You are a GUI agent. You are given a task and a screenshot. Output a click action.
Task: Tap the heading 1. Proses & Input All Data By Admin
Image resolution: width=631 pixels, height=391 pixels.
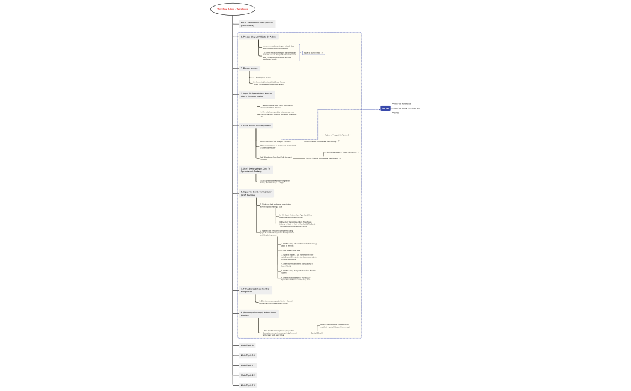point(259,37)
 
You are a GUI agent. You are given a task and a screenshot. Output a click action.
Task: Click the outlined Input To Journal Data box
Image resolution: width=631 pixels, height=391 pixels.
point(314,53)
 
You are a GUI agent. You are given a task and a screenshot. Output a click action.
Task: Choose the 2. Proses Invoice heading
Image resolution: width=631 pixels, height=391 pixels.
point(249,69)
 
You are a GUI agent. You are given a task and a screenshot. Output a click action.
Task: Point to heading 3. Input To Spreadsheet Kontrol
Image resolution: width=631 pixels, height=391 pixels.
point(257,95)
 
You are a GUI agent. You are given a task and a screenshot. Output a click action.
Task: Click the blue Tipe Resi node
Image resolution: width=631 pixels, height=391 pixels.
point(385,108)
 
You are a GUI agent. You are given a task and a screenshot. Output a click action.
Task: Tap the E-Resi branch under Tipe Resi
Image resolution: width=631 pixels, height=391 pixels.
point(397,113)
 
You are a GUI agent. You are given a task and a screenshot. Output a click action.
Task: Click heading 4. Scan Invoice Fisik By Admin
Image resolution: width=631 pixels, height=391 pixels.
point(256,126)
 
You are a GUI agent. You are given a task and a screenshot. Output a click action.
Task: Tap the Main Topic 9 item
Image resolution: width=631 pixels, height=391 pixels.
point(247,346)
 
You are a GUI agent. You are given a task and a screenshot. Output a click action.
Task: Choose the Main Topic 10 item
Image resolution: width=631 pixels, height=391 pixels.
point(248,356)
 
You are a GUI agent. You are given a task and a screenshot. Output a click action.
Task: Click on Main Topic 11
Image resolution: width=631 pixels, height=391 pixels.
point(248,365)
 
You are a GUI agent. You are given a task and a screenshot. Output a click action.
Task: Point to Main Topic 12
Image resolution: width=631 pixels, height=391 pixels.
point(248,375)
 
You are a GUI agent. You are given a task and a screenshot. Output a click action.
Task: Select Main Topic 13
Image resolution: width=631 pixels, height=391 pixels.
point(248,385)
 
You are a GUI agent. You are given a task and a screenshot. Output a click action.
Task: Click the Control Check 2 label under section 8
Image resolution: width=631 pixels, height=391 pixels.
point(317,333)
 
